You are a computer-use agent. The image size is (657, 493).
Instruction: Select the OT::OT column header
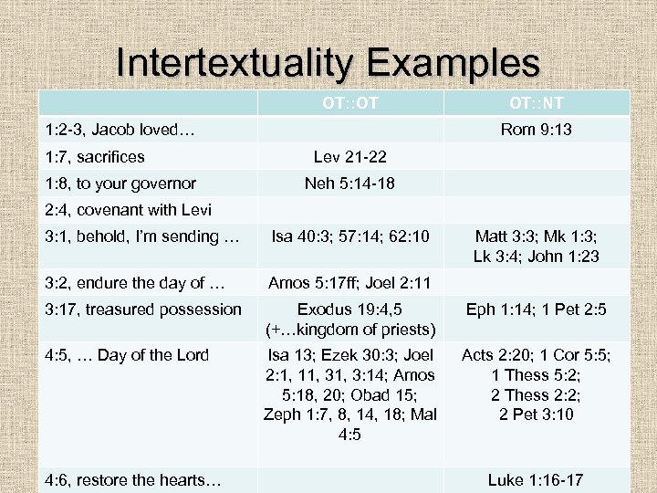pyautogui.click(x=350, y=102)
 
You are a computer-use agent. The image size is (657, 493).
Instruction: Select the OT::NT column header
pyautogui.click(x=537, y=102)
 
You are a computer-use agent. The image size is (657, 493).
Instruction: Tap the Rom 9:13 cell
pyautogui.click(x=537, y=130)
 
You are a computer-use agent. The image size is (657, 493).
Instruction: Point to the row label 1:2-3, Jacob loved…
pyautogui.click(x=120, y=130)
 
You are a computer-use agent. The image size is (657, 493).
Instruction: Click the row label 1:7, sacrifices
pyautogui.click(x=95, y=157)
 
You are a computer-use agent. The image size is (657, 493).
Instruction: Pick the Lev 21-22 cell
pyautogui.click(x=350, y=157)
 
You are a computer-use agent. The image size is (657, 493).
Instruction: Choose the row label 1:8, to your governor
pyautogui.click(x=120, y=184)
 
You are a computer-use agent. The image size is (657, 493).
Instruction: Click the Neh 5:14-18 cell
pyautogui.click(x=350, y=184)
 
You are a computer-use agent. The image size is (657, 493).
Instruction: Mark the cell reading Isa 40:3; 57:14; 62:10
pyautogui.click(x=350, y=237)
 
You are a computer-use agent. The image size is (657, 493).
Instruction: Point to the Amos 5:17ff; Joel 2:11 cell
pyautogui.click(x=350, y=282)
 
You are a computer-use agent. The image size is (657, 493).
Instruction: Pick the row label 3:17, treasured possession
pyautogui.click(x=143, y=309)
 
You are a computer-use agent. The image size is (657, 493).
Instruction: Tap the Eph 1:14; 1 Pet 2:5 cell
pyautogui.click(x=537, y=309)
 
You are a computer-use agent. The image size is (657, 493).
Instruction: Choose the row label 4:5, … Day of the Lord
pyautogui.click(x=127, y=355)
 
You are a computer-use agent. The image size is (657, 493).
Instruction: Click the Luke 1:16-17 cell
pyautogui.click(x=537, y=479)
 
